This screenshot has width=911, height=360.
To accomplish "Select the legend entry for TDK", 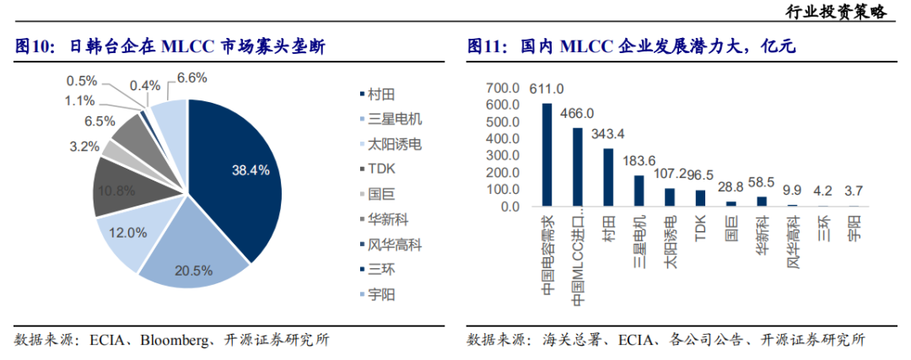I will pyautogui.click(x=379, y=169).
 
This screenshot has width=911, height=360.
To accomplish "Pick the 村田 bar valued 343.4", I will pyautogui.click(x=608, y=177).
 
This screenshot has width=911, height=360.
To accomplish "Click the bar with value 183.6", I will pyautogui.click(x=639, y=191).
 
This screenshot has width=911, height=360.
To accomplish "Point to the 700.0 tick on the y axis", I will pyautogui.click(x=503, y=88).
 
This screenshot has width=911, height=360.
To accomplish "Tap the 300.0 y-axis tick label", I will pyautogui.click(x=503, y=156).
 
